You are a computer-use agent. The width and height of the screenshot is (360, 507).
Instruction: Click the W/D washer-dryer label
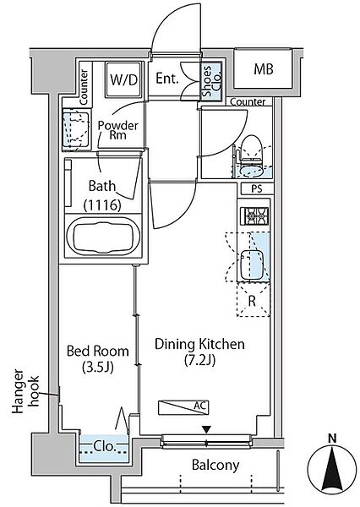pyautogui.click(x=124, y=79)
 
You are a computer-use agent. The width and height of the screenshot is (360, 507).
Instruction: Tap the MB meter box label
pyautogui.click(x=264, y=69)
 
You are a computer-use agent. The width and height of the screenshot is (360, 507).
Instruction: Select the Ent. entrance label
pyautogui.click(x=166, y=79)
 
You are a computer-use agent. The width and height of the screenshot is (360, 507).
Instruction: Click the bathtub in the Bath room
pyautogui.click(x=103, y=236)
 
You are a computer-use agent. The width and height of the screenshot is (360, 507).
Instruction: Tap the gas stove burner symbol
pyautogui.click(x=254, y=216)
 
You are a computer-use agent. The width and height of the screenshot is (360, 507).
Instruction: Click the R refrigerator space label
pyautogui.click(x=252, y=301)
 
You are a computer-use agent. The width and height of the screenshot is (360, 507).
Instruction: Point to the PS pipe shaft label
pyautogui.click(x=257, y=189)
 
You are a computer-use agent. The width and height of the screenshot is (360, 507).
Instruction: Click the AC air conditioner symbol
pyautogui.click(x=183, y=407)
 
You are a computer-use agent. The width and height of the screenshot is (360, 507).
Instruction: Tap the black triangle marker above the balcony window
pyautogui.click(x=206, y=430)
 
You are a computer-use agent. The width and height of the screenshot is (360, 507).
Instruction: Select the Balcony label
pyautogui.click(x=215, y=465)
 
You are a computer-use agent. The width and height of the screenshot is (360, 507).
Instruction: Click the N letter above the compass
pyautogui.click(x=332, y=439)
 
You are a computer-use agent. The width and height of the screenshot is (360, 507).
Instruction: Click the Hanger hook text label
pyautogui.click(x=25, y=391)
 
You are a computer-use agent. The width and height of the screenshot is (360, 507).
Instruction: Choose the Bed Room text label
pyautogui.click(x=97, y=351)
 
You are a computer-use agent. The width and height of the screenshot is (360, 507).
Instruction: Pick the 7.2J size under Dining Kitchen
pyautogui.click(x=200, y=360)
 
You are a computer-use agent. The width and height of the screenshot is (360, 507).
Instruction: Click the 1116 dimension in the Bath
pyautogui.click(x=102, y=204)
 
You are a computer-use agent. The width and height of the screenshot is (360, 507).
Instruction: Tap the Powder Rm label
pyautogui.click(x=117, y=130)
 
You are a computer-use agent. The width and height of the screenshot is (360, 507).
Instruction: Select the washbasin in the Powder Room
pyautogui.click(x=76, y=129)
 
